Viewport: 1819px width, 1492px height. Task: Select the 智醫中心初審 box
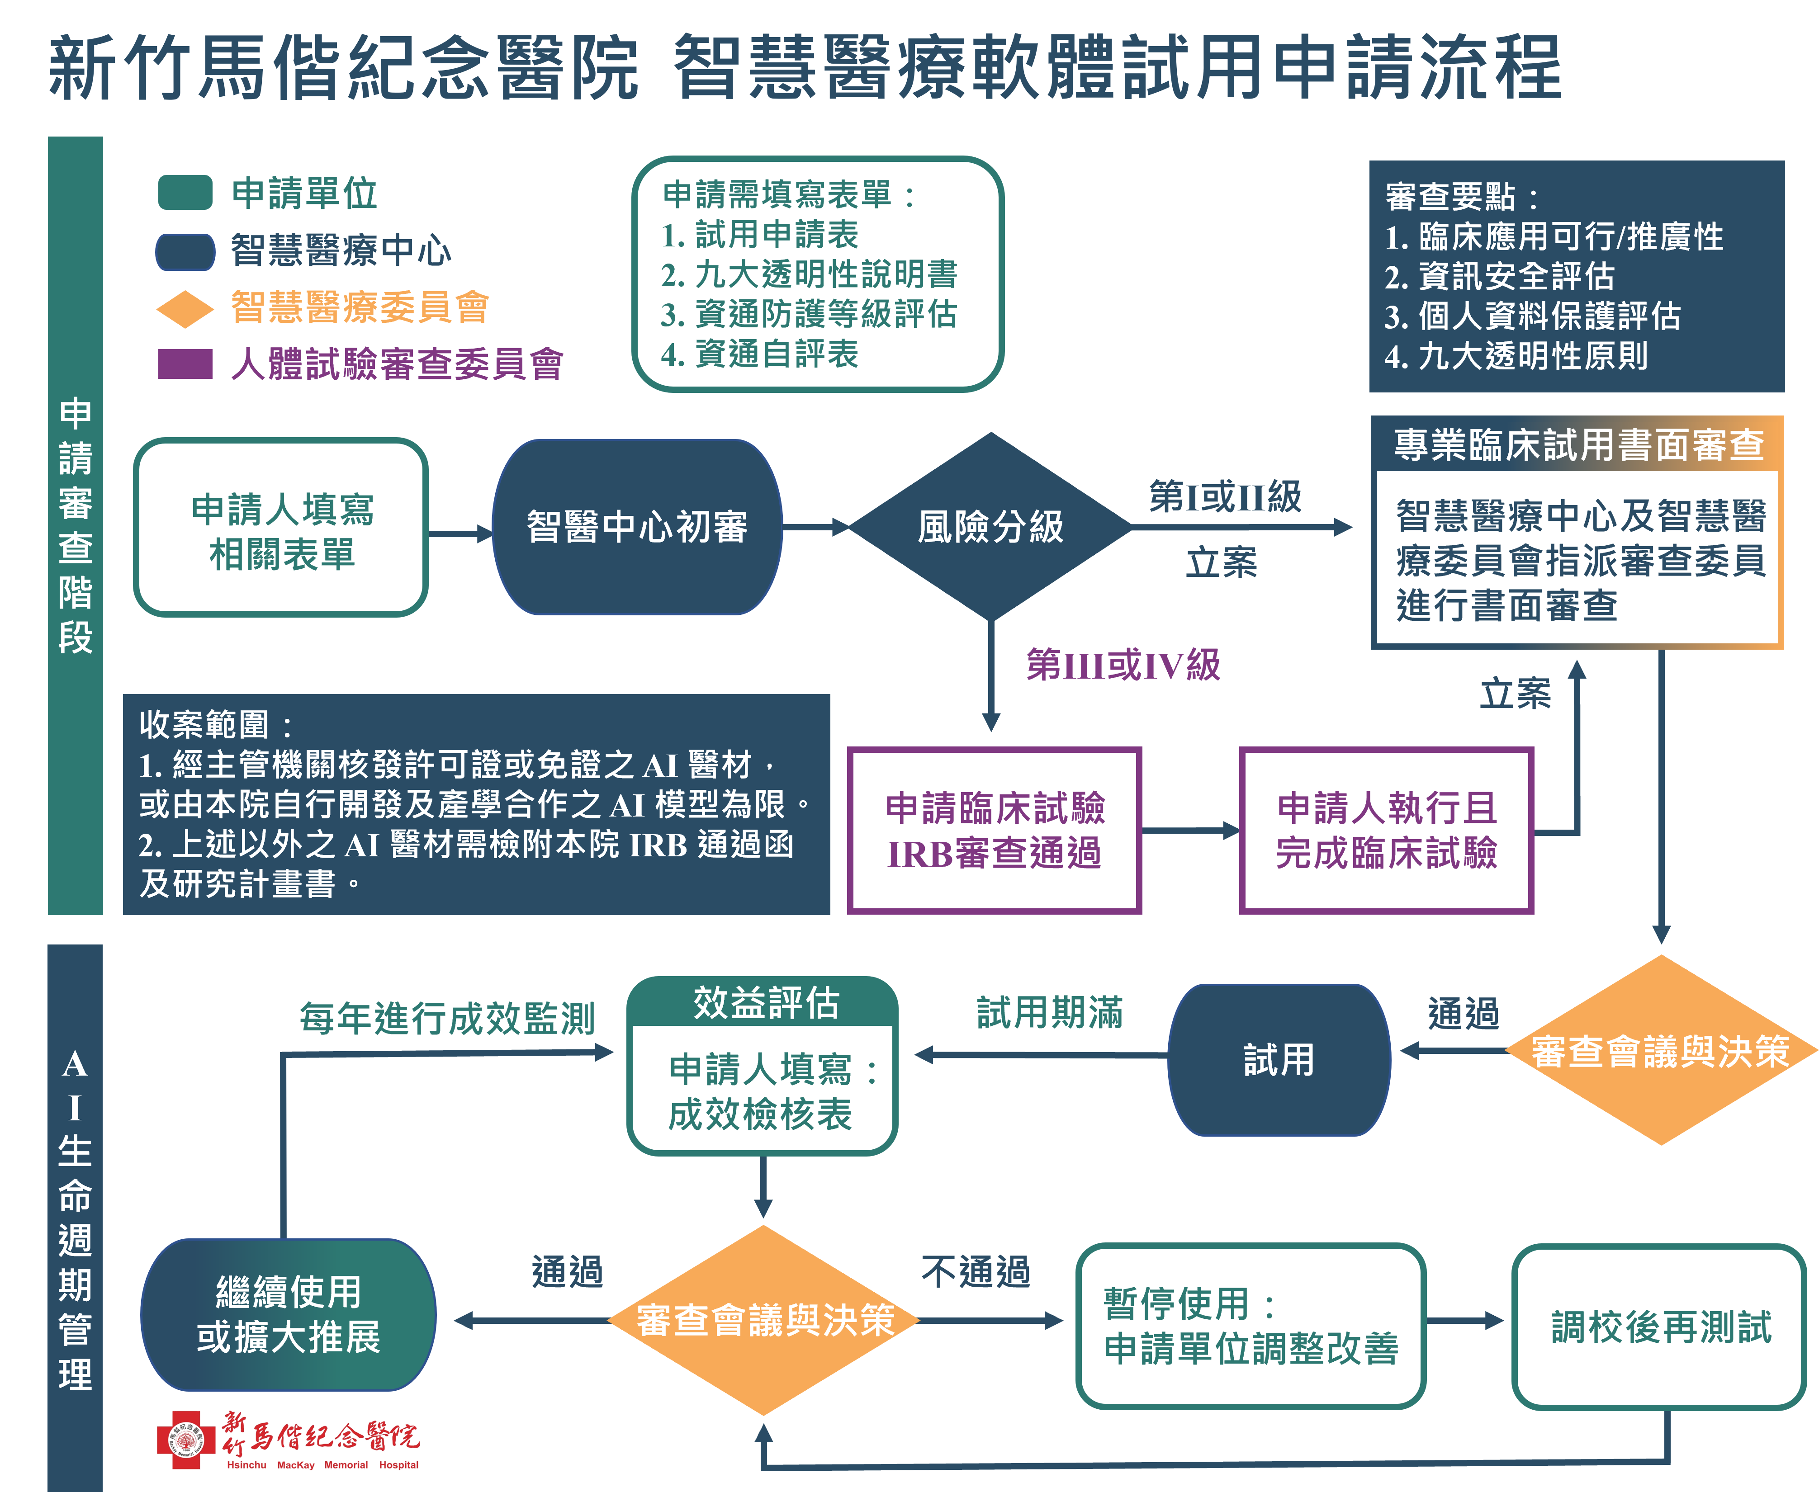click(x=637, y=527)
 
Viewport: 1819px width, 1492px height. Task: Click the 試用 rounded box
click(x=1279, y=1060)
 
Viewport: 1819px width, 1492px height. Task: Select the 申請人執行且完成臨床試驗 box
click(x=1387, y=830)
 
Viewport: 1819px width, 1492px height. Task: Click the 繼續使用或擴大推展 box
click(x=289, y=1314)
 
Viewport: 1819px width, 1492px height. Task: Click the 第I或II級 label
click(x=1225, y=497)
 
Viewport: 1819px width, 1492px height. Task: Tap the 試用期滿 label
click(x=1050, y=1012)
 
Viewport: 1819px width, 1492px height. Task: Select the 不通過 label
click(x=976, y=1271)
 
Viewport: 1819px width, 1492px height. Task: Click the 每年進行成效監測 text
click(x=447, y=1019)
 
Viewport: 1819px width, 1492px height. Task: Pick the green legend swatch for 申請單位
click(x=185, y=193)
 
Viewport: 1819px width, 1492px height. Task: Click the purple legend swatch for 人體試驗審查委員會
click(x=185, y=364)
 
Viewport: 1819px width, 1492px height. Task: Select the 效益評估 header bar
click(x=763, y=1001)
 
